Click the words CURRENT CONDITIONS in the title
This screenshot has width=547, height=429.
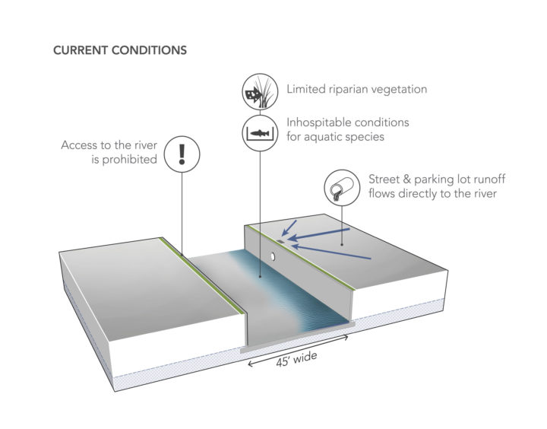tap(119, 51)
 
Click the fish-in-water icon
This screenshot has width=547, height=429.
tap(257, 133)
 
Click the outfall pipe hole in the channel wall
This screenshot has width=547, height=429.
tap(270, 256)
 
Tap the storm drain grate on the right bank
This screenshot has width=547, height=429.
tap(281, 240)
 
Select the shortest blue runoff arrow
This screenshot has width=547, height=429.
tap(289, 227)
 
